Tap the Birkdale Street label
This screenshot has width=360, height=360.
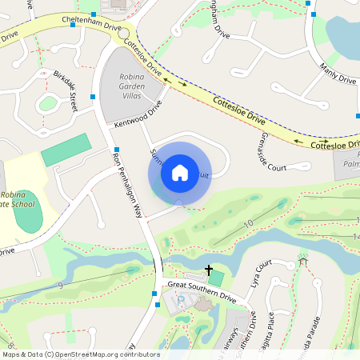coord(66,90)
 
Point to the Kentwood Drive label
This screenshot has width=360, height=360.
coord(138,114)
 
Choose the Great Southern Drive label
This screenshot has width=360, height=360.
coord(202,293)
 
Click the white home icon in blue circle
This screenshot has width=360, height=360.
coord(180,173)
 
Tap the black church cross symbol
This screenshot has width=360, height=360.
coord(209,271)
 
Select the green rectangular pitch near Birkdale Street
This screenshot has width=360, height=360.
coord(66,150)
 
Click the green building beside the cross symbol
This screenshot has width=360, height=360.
coord(215,278)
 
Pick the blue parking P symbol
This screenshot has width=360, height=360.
coord(181,299)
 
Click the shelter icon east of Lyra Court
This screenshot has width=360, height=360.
coord(302,261)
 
